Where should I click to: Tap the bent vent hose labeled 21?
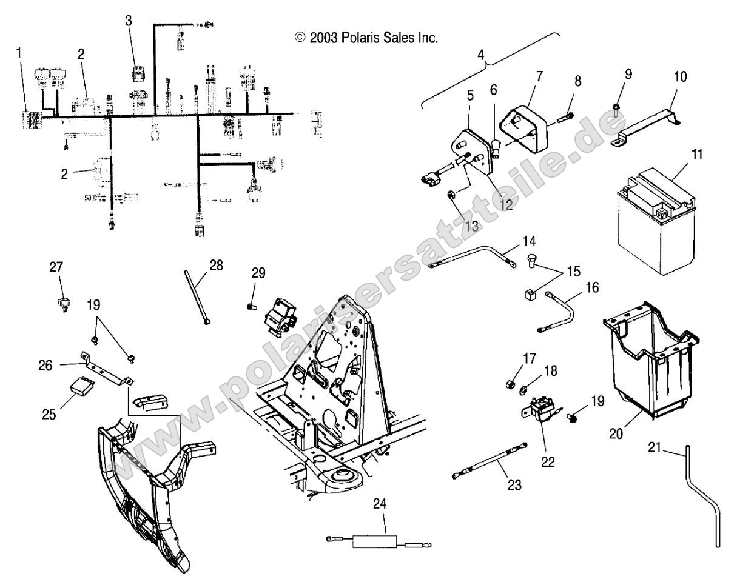(x=704, y=492)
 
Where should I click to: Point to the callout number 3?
(x=128, y=21)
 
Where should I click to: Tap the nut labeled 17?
(x=510, y=383)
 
